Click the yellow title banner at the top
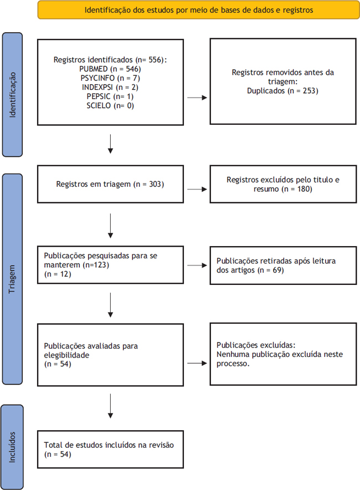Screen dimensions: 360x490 (x=199, y=10)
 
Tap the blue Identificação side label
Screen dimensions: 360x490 (x=13, y=95)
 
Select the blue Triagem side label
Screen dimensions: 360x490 (x=13, y=279)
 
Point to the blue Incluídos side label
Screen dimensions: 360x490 (x=12, y=447)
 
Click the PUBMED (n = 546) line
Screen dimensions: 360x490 (x=110, y=69)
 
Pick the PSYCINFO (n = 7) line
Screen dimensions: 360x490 (x=110, y=78)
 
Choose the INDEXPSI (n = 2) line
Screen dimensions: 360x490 (x=110, y=87)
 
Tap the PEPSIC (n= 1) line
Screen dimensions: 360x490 (x=110, y=96)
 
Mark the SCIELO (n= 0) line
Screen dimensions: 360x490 (x=110, y=106)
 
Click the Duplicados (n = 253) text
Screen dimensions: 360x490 (x=282, y=91)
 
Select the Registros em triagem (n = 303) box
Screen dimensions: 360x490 (x=111, y=184)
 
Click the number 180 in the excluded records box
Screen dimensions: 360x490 (x=305, y=189)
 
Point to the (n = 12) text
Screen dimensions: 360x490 (x=58, y=274)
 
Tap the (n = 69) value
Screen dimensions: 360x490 (x=271, y=270)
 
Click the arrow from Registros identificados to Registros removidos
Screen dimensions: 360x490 (x=197, y=98)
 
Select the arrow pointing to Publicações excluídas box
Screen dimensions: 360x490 (x=197, y=363)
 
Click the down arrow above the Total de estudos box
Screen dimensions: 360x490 (x=110, y=406)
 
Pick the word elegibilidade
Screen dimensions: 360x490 (x=66, y=355)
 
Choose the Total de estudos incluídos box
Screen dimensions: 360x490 (x=111, y=450)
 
